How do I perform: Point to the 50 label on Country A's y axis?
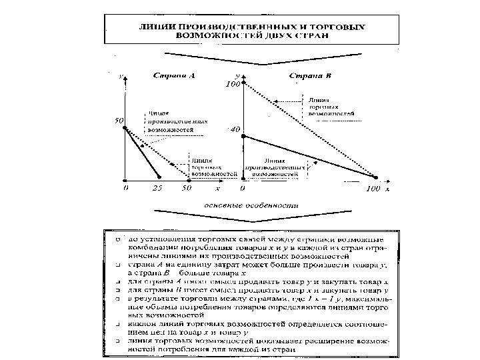pyautogui.click(x=118, y=122)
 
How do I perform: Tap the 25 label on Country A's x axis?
pyautogui.click(x=157, y=189)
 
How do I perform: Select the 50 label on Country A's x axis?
pyautogui.click(x=187, y=189)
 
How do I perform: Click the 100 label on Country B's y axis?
pyautogui.click(x=233, y=85)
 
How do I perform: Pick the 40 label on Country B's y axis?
pyautogui.click(x=234, y=131)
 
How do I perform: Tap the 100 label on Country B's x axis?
pyautogui.click(x=373, y=189)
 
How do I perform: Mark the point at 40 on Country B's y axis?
pyautogui.click(x=243, y=137)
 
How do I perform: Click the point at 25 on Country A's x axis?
pyautogui.click(x=159, y=178)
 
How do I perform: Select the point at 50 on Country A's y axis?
pyautogui.click(x=125, y=127)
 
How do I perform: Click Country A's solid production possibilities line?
pyautogui.click(x=142, y=153)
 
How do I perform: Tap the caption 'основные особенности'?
pyautogui.click(x=251, y=205)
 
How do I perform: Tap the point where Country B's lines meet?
pyautogui.click(x=375, y=177)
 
